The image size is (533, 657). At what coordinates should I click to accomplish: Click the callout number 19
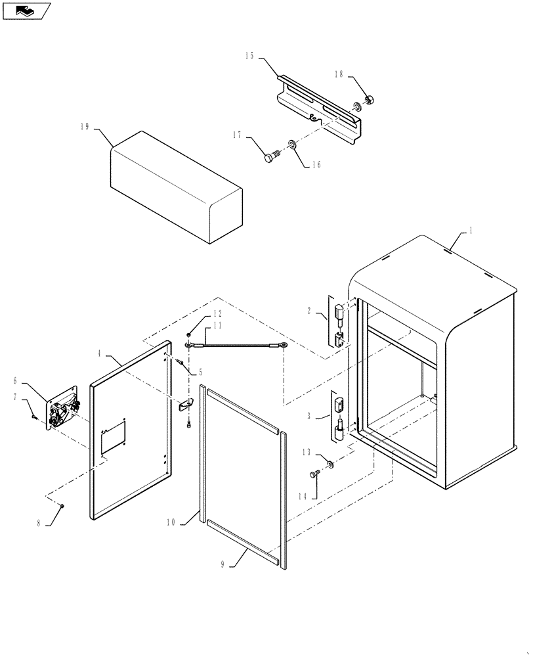pyautogui.click(x=84, y=127)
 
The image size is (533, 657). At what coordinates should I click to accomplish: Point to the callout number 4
pyautogui.click(x=100, y=353)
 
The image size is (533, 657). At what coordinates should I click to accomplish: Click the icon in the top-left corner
pyautogui.click(x=25, y=10)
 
